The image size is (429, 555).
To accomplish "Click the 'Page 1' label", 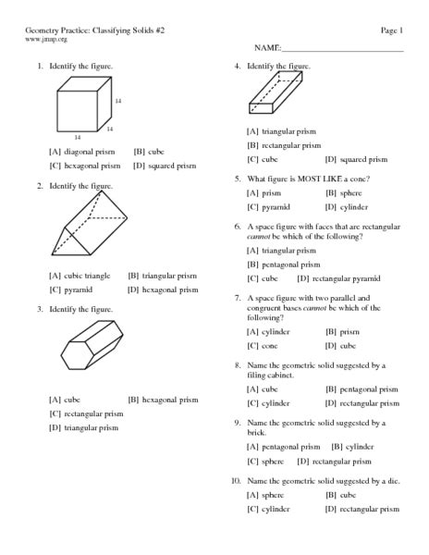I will (391, 31).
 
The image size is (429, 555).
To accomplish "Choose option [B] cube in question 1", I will (148, 151).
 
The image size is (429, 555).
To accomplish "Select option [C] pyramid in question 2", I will (70, 290).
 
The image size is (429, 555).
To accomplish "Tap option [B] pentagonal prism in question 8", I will (362, 389).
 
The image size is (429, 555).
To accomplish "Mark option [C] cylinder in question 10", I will (268, 509).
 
